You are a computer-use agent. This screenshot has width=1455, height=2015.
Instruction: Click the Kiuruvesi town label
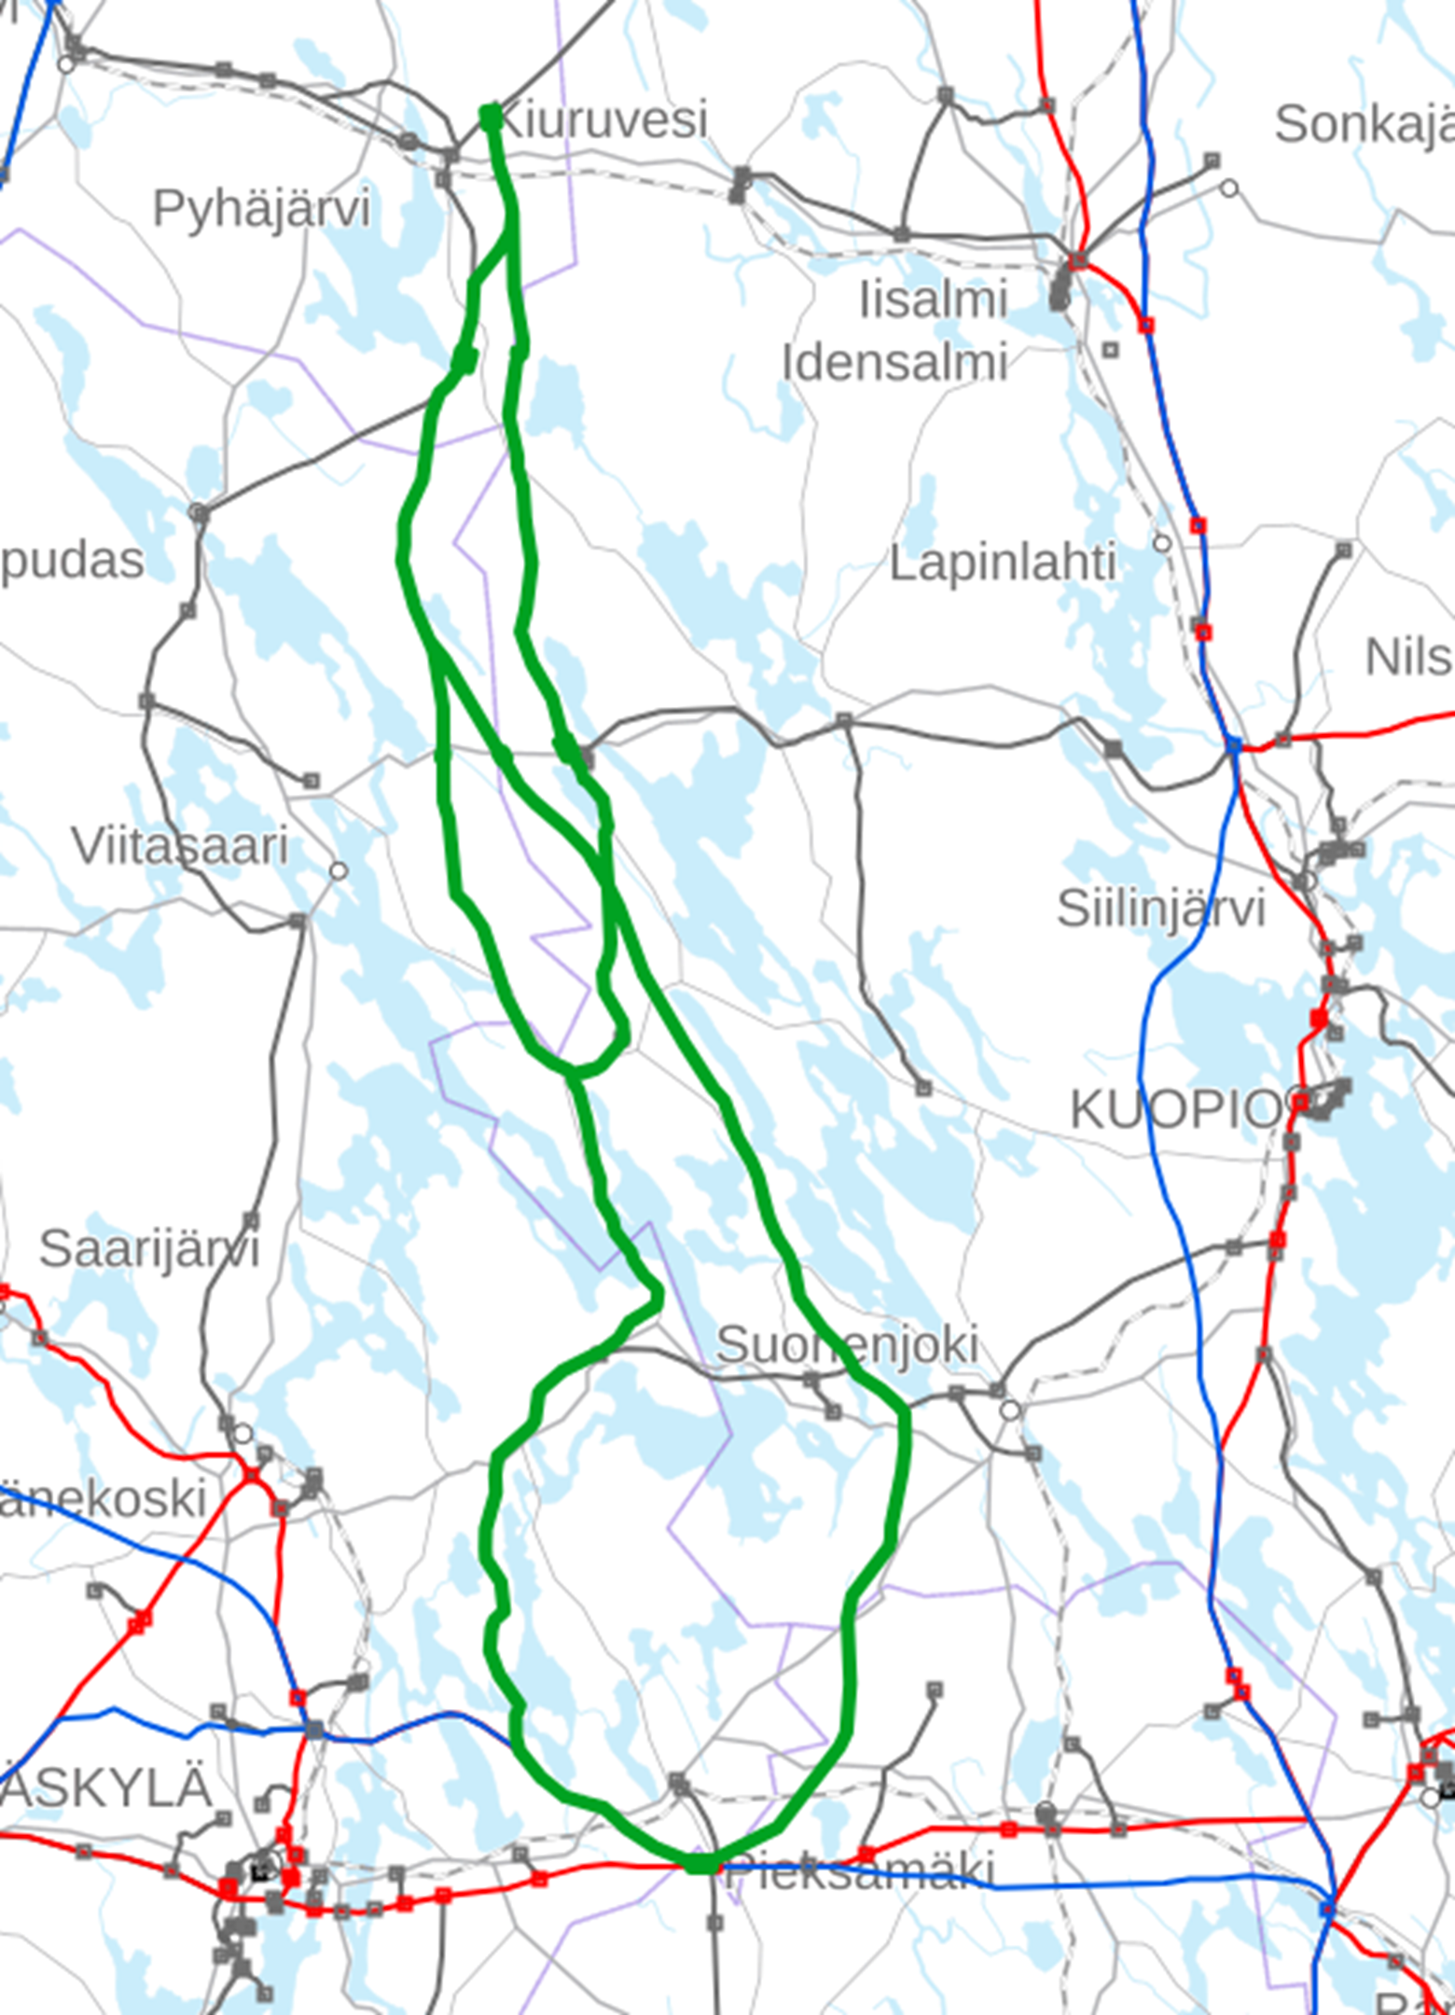pos(603,120)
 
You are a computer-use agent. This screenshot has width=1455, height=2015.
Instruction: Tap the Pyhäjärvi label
pos(261,207)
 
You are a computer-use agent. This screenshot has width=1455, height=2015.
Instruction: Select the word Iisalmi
pos(933,300)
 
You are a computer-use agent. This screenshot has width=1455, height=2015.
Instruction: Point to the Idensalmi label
pos(894,362)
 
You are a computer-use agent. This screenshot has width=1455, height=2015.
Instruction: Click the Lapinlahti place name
pos(1003,563)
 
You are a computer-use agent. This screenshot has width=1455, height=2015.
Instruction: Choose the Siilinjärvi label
pos(1160,908)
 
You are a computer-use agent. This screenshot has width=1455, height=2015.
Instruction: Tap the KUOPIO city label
pos(1177,1109)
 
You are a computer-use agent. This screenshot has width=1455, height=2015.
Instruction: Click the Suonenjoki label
pos(847,1344)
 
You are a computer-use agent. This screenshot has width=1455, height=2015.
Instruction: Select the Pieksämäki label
pos(858,1869)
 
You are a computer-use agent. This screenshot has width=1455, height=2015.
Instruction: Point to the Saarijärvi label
pos(149,1248)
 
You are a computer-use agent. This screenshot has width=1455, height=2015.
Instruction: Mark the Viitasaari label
pos(180,846)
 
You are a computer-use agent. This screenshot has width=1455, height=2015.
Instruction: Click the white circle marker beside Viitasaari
pos(339,870)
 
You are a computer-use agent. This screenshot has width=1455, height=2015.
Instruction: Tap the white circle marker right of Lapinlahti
pos(1162,543)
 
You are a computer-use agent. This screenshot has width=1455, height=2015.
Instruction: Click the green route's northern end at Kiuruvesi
pos(490,117)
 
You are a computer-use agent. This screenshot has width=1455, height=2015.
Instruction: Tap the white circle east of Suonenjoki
pos(1010,1410)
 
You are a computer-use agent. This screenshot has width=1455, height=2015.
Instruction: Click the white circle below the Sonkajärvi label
pos(1230,188)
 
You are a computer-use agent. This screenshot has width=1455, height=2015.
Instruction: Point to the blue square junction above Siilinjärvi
pos(1234,745)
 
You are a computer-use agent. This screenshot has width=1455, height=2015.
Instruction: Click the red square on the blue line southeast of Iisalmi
pos(1146,325)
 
